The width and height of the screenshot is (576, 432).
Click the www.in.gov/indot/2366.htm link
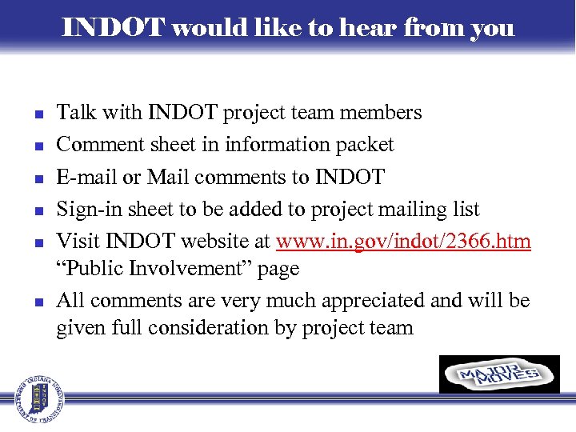[403, 242]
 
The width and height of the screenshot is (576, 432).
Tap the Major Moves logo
[499, 374]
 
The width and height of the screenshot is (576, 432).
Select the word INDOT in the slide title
[113, 29]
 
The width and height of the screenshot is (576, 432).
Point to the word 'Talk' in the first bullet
[74, 113]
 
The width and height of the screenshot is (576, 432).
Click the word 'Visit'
[76, 242]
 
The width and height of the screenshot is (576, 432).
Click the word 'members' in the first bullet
[380, 113]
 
